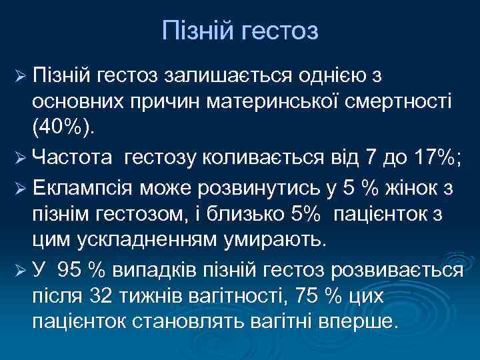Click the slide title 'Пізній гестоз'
click(x=240, y=31)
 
